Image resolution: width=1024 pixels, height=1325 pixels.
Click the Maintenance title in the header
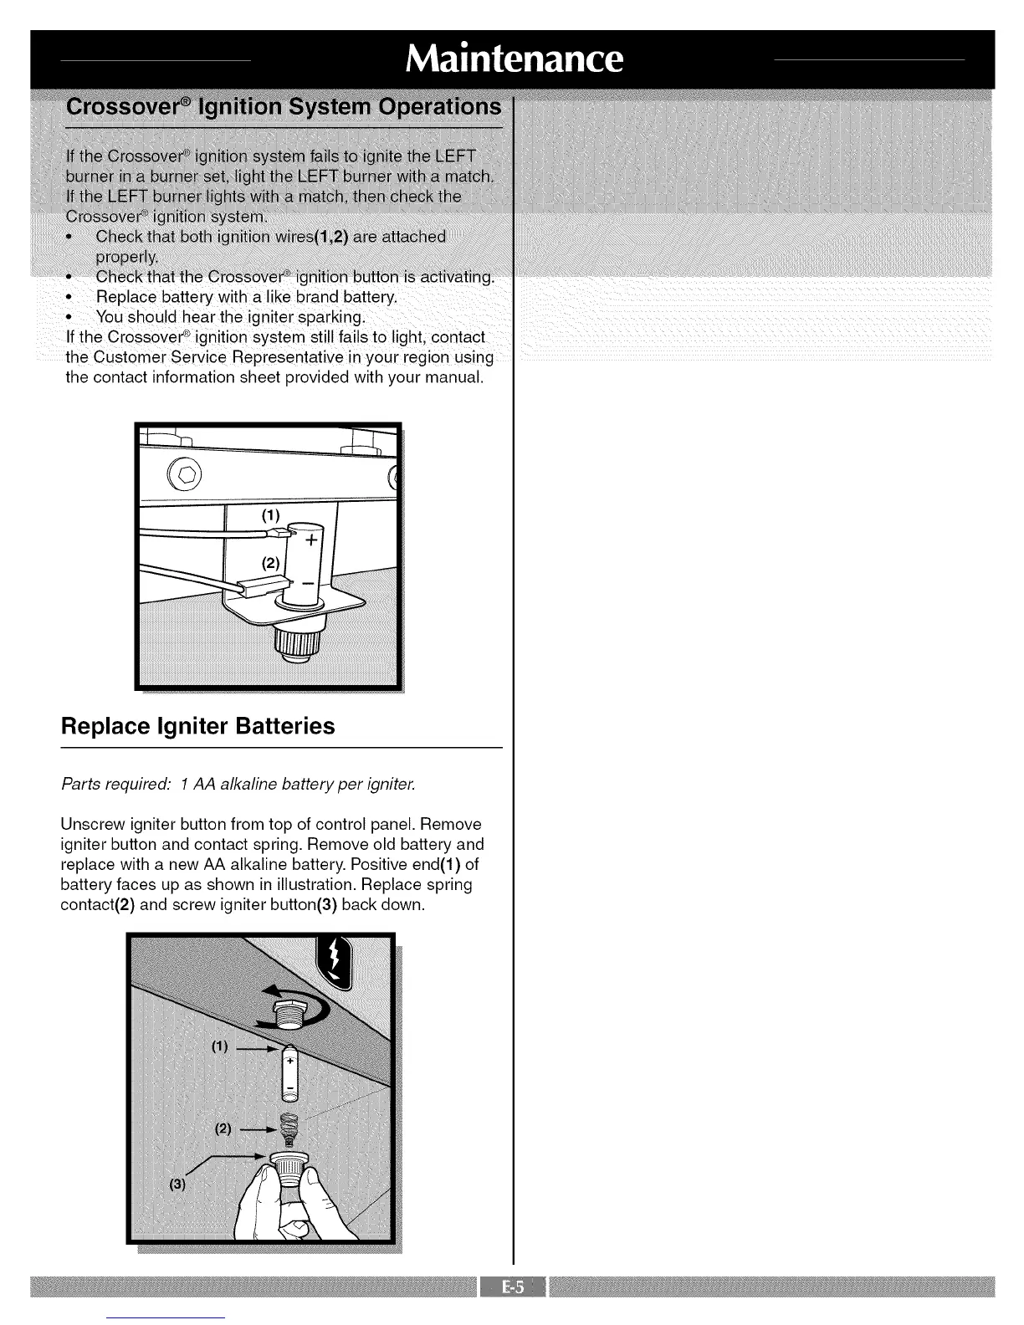point(513,59)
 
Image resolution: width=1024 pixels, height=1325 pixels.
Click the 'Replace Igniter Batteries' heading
point(198,726)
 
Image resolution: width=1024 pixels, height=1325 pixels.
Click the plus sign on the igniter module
point(310,540)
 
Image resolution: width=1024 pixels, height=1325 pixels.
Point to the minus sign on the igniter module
point(308,581)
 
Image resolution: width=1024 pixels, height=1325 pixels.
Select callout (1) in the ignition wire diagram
point(269,515)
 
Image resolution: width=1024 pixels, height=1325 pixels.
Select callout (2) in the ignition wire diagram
point(269,563)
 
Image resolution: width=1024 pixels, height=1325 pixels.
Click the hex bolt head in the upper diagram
point(186,478)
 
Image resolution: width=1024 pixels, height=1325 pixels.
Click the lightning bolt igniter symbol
point(337,959)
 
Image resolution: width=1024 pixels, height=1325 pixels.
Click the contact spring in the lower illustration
point(289,1132)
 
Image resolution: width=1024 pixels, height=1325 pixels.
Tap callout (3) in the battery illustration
point(177,1184)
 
